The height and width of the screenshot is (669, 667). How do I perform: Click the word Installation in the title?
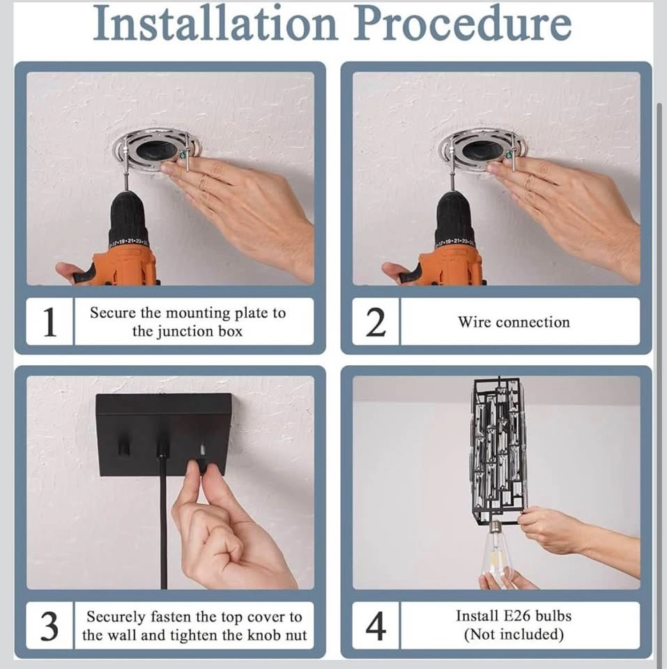215,23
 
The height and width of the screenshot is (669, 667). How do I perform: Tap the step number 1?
50,322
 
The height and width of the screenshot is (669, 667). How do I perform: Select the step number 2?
376,322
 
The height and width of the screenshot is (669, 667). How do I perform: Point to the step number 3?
49,626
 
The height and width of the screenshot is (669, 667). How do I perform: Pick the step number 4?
376,626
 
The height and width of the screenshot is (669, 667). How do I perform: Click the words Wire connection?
514,322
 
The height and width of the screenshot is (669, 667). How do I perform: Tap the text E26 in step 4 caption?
516,616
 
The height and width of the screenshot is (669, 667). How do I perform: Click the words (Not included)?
514,634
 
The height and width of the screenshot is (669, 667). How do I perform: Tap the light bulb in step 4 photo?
496,551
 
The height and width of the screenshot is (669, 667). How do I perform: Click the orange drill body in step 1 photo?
125,267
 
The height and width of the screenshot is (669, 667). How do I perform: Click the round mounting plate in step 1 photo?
157,151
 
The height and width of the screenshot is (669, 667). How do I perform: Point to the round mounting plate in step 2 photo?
482,151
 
